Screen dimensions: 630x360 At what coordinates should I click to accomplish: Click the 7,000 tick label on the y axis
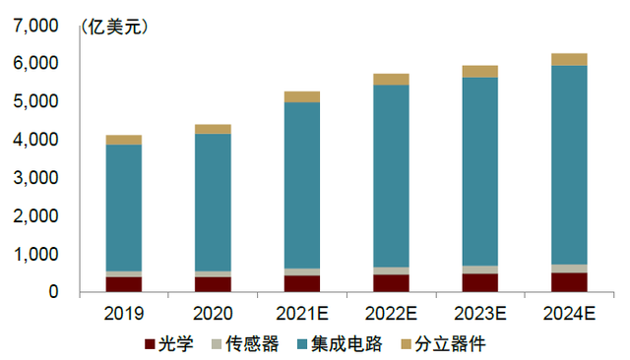35,26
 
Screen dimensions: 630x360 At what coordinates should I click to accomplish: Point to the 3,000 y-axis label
35,177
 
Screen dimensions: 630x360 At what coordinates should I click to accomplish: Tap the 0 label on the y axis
53,292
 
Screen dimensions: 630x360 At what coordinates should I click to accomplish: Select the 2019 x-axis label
124,314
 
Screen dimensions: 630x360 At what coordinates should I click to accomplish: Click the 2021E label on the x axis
302,314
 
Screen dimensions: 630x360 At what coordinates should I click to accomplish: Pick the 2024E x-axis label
569,314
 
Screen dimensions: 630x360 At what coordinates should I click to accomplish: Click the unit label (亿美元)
114,28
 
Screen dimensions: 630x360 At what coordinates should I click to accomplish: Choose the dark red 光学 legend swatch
150,344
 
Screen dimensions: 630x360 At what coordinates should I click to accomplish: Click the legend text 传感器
252,344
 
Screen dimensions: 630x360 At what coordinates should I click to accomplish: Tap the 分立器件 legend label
450,344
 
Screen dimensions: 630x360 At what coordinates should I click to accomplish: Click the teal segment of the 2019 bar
124,208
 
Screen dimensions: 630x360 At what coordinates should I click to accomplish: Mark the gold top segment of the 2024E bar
569,59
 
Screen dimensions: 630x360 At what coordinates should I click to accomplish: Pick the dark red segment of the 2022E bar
392,283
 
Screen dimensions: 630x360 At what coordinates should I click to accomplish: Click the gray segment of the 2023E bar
480,270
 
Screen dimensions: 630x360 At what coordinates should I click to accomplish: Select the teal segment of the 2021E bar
302,186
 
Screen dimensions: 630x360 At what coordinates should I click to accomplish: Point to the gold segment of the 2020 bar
213,129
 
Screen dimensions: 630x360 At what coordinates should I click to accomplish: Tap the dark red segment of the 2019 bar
124,284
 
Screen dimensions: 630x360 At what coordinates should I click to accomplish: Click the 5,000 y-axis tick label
35,101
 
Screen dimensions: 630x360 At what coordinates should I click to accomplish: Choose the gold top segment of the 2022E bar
392,80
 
